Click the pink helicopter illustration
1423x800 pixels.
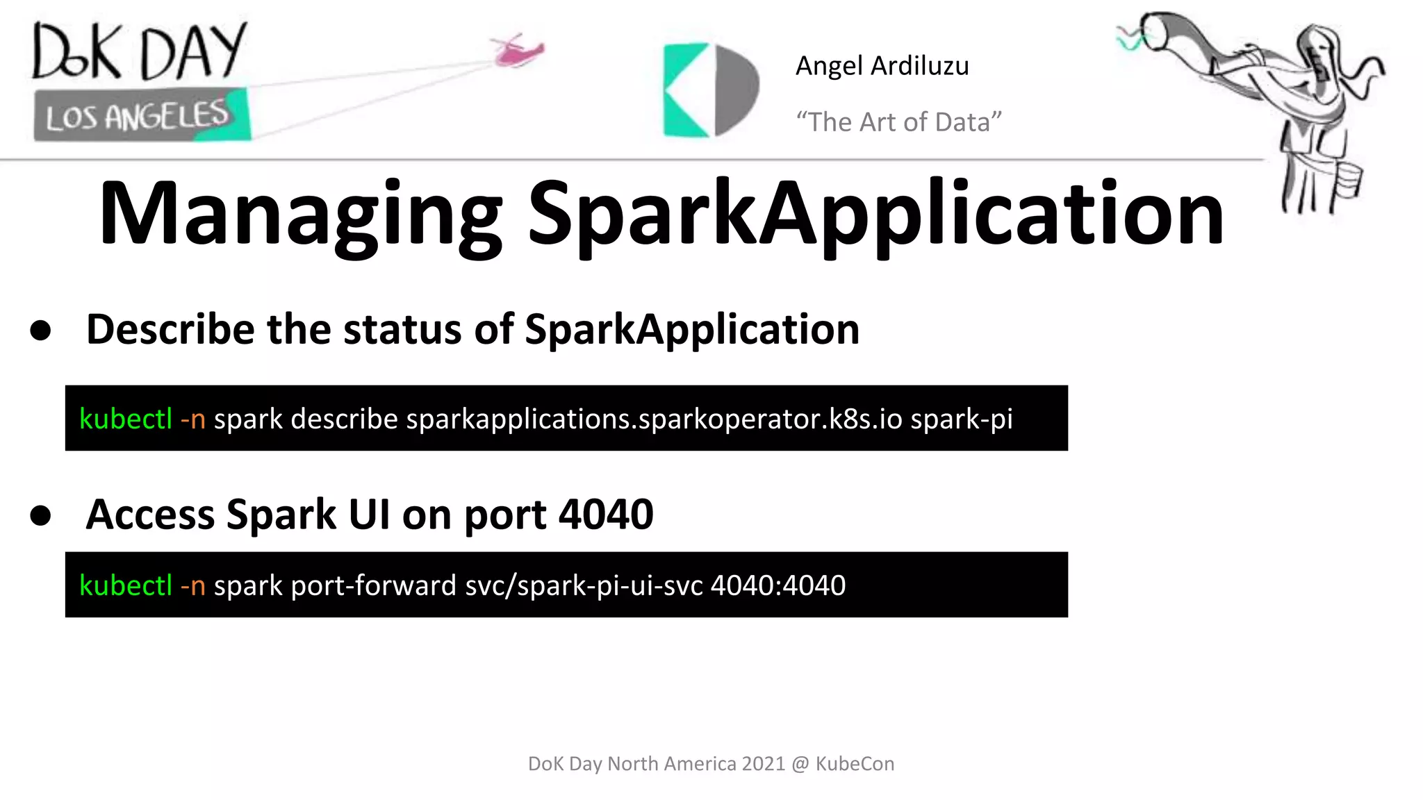tap(518, 50)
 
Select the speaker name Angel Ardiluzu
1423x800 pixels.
tap(882, 66)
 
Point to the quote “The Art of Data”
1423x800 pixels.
tap(898, 122)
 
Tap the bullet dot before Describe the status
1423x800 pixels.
tap(41, 331)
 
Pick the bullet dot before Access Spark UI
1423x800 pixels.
tap(41, 516)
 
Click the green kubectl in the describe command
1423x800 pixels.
tap(126, 419)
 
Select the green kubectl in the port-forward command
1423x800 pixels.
tap(126, 585)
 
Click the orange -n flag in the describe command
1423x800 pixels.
tap(192, 419)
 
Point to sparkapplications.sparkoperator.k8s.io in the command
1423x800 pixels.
tap(654, 419)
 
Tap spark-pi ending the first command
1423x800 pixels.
tap(961, 419)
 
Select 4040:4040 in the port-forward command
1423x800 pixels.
tap(778, 585)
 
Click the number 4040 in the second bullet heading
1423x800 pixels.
tap(606, 515)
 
